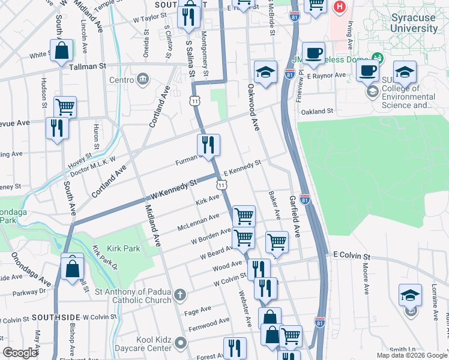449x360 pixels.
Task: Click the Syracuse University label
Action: (414, 23)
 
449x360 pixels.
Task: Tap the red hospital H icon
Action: (340, 8)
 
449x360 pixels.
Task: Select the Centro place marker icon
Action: (143, 79)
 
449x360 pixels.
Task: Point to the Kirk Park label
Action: (123, 248)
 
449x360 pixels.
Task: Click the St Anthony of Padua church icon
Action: (179, 295)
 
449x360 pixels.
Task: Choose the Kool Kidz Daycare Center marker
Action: (179, 344)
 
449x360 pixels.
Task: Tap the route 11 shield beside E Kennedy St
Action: (222, 186)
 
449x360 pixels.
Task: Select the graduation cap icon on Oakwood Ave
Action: (265, 72)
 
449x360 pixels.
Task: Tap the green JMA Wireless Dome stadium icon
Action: (378, 58)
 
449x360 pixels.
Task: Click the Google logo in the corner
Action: (20, 353)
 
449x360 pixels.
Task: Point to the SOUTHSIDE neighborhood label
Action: (56, 317)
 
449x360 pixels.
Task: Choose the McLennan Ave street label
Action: (198, 223)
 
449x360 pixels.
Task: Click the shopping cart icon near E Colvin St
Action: (277, 242)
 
